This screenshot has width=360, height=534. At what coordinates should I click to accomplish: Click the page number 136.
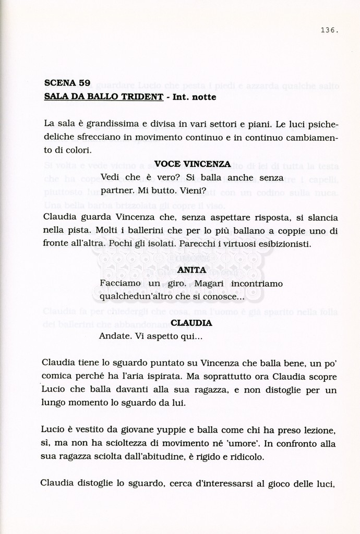(x=329, y=30)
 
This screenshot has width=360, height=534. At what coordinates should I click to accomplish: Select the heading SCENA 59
(x=67, y=82)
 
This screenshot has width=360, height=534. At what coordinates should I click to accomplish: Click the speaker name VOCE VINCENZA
(x=193, y=164)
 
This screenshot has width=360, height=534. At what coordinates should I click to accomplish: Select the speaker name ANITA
(x=191, y=270)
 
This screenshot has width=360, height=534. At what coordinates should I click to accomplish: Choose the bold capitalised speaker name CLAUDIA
(x=191, y=323)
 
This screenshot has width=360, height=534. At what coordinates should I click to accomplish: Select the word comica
(x=56, y=377)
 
